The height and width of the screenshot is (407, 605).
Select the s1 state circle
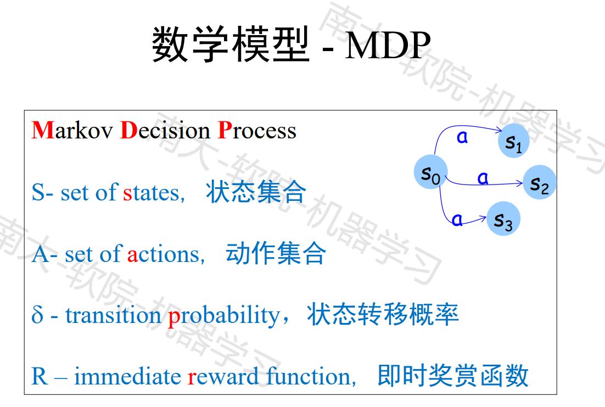513,141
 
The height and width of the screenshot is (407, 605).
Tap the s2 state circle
540,182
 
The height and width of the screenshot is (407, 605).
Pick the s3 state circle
503,219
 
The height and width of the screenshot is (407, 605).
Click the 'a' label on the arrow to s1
462,137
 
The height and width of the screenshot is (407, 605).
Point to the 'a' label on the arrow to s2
483,178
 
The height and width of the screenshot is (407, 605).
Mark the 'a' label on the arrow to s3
457,220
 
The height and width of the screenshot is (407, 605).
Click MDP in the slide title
388,45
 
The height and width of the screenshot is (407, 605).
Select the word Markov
72,130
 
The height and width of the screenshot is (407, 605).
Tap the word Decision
165,130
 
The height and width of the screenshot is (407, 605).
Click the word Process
257,130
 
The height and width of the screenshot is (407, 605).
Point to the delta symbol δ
37,315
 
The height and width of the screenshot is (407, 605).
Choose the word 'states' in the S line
152,192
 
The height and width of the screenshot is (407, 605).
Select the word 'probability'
224,316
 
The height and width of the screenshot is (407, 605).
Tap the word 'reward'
223,377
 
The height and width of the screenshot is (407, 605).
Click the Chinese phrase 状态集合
256,192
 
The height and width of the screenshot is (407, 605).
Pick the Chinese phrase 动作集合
276,253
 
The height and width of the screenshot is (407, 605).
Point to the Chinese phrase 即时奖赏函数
453,375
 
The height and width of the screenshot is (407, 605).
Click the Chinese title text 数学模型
231,44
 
